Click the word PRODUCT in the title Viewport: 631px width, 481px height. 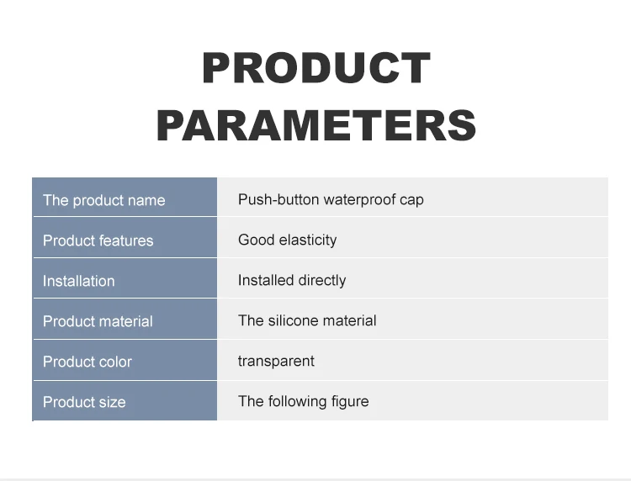pos(316,67)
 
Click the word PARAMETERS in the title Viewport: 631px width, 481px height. pos(316,125)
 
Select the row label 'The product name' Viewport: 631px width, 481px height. pos(103,200)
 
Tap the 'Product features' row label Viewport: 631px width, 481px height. pos(98,240)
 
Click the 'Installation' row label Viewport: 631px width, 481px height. pos(79,281)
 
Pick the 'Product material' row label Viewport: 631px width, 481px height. pos(98,321)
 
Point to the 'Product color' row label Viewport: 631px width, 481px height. pos(87,362)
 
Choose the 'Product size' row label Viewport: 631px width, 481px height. pos(84,402)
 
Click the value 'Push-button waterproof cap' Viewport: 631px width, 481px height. pos(331,199)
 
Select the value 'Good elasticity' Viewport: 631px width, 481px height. pos(288,240)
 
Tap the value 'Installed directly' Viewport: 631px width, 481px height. pos(292,280)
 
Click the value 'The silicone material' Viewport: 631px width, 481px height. pos(307,320)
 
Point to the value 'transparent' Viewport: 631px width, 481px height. pos(276,361)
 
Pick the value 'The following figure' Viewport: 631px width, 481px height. pos(304,401)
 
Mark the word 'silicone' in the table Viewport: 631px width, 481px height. pos(293,320)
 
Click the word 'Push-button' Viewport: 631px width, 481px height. pos(278,199)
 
